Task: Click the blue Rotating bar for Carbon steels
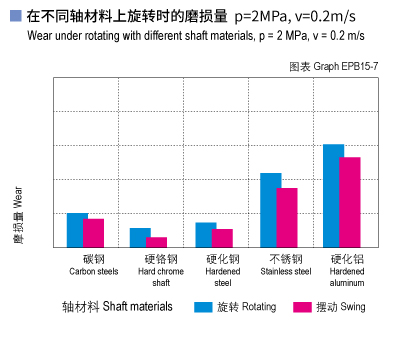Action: point(76,230)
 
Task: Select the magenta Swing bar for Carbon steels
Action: point(94,233)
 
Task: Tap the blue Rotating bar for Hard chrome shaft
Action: point(140,237)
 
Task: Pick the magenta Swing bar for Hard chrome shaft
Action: point(157,242)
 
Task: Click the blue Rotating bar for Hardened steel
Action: point(205,234)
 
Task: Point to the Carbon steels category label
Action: point(93,264)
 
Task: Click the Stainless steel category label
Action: point(286,264)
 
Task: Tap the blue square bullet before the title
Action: point(14,16)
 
